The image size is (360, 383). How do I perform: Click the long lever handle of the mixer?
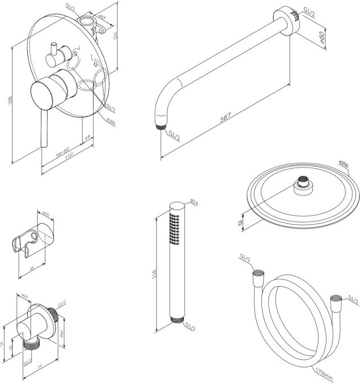(x=44, y=130)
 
